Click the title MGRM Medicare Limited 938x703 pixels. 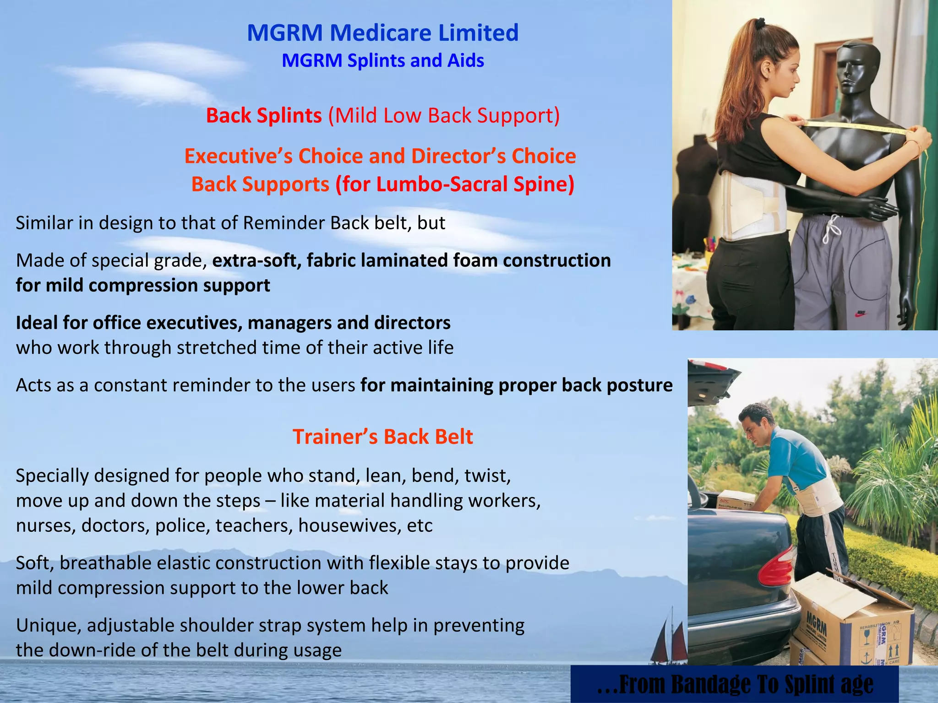tap(382, 33)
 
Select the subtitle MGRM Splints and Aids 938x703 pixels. tap(382, 61)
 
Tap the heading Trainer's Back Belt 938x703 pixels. tap(382, 437)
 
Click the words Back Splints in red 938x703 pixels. tap(264, 115)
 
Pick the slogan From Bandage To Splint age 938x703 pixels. tap(735, 684)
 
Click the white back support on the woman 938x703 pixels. tap(751, 206)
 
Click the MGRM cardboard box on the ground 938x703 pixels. tap(852, 627)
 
